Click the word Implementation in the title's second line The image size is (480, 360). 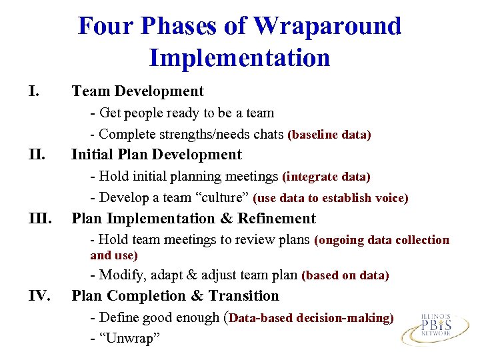pos(239,58)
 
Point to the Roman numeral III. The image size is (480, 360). pos(40,219)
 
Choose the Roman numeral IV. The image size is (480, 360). pos(39,296)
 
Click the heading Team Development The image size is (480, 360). pos(137,91)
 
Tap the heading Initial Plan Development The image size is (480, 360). pos(156,155)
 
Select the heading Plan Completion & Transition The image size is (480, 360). pos(175,296)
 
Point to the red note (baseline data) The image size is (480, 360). pos(329,135)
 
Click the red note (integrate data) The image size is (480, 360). pos(326,177)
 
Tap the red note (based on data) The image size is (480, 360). pos(345,275)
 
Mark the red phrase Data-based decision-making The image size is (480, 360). pos(311,318)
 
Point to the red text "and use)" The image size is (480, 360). pos(114,255)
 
